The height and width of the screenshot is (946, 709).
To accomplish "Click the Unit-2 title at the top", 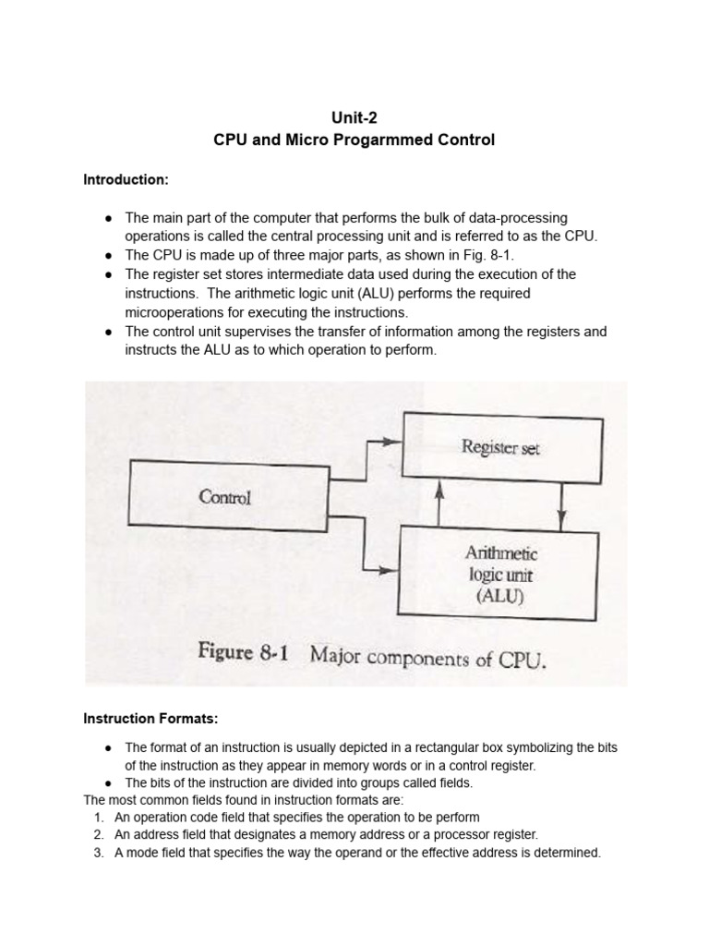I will tap(354, 117).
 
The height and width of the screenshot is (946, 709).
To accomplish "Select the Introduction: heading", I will tap(126, 180).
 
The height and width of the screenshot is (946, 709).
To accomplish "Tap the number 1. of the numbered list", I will tap(100, 818).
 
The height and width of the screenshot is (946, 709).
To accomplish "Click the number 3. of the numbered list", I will tap(100, 853).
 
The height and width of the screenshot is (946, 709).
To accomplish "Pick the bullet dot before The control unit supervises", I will tap(109, 332).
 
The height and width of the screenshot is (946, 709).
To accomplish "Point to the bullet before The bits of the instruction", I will tap(109, 782).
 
